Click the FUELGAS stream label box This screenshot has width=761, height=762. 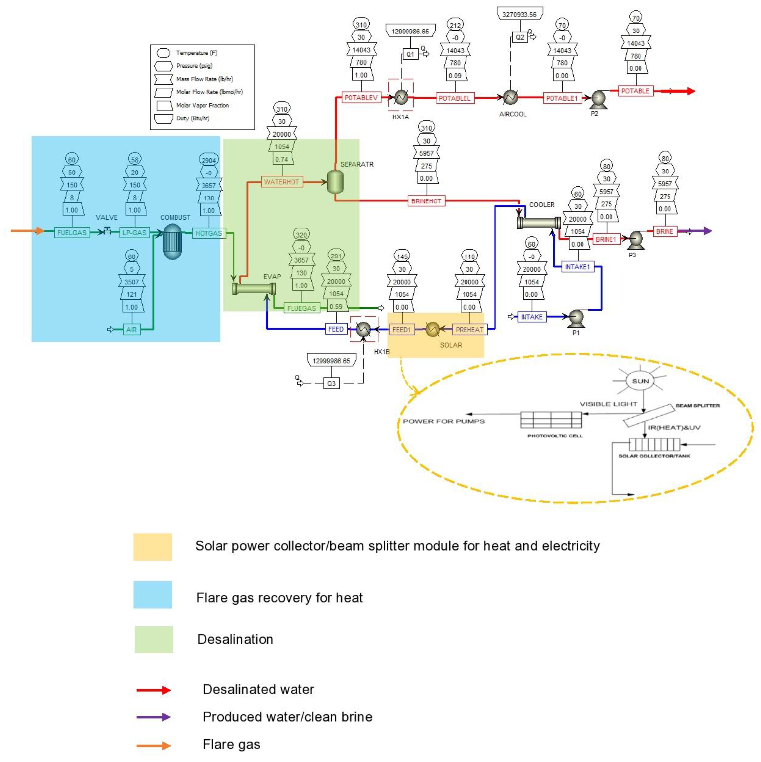click(x=72, y=233)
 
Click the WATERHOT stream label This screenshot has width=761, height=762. click(x=282, y=182)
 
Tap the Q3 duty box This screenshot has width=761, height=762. click(x=331, y=383)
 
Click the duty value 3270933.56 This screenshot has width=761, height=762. click(x=519, y=15)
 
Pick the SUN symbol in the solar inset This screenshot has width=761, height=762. click(x=640, y=381)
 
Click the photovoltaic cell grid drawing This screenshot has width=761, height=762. click(x=551, y=420)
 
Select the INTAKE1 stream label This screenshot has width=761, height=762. click(x=577, y=267)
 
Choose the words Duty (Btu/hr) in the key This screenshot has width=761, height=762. click(x=193, y=118)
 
